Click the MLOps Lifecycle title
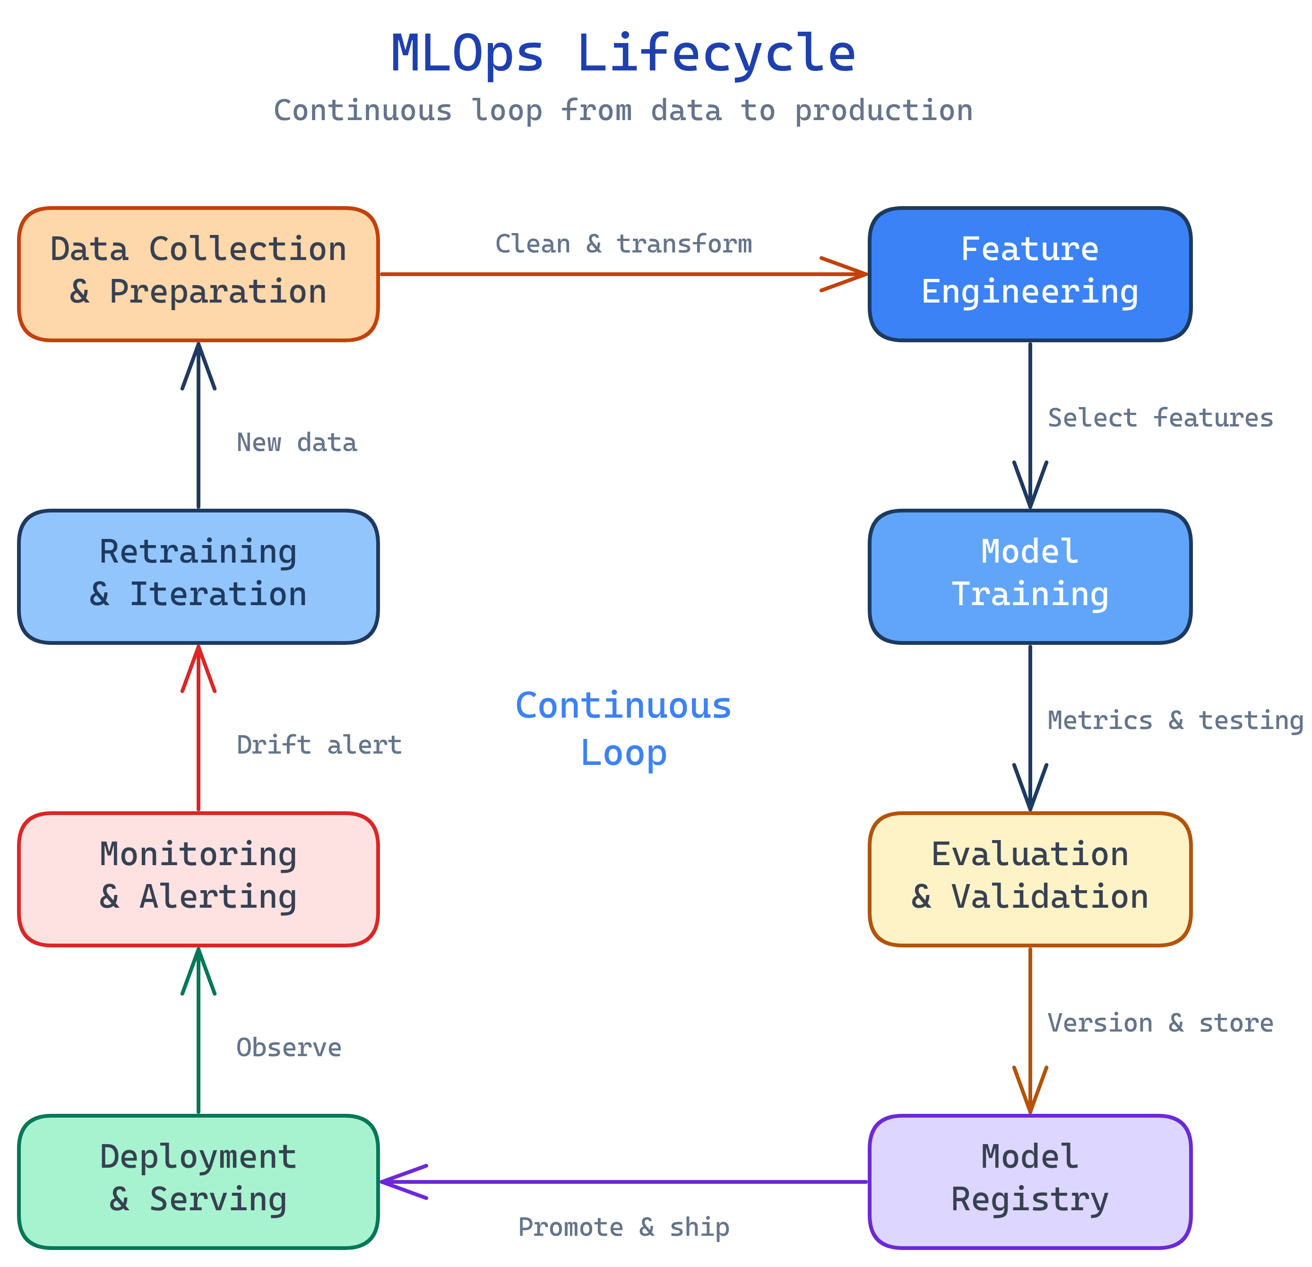coord(622,53)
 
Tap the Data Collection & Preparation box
coord(198,274)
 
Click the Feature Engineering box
coord(1029,274)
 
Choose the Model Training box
coord(1029,577)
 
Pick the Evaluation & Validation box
coord(1029,879)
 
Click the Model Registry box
coord(1029,1182)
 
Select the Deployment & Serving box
coord(198,1182)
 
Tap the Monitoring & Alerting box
coord(198,879)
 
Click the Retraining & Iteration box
coord(198,577)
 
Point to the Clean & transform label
coord(623,244)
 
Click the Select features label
coord(1159,418)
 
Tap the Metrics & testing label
coord(1175,720)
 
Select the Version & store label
coord(1159,1023)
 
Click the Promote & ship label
coord(623,1227)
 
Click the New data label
coord(296,443)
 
